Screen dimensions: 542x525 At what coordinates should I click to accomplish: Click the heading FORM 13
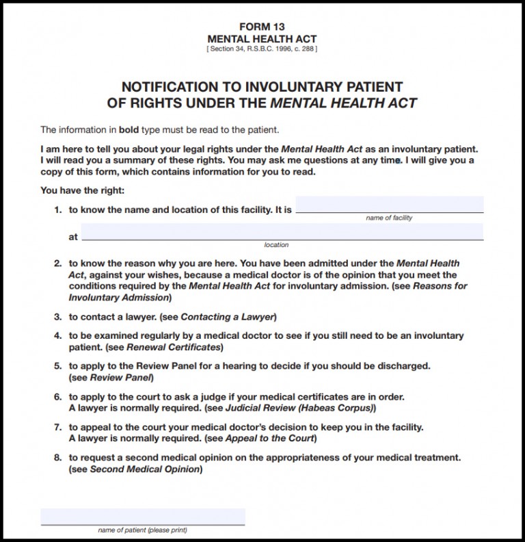(262, 27)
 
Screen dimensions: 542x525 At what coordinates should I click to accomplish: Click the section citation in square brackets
(262, 49)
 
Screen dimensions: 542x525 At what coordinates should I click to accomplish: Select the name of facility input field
(389, 205)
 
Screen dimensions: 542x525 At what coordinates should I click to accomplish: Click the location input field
(282, 232)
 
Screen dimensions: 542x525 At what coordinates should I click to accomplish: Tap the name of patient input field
(142, 517)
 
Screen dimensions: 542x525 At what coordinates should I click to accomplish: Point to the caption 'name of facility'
(389, 218)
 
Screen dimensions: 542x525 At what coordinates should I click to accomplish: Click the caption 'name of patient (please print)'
(142, 530)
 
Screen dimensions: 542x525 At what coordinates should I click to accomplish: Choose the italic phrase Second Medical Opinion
(146, 469)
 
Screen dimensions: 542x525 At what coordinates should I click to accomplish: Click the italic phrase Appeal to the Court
(269, 438)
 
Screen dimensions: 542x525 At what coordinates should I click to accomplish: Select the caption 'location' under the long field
(276, 245)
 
